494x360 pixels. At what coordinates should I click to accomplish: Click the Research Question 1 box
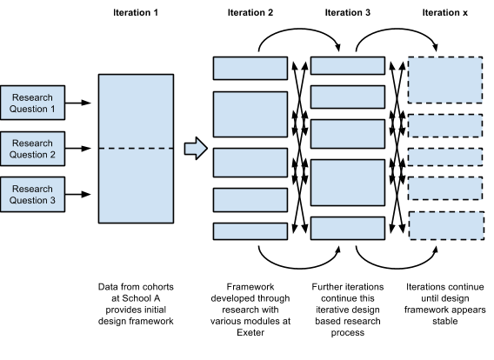tap(33, 103)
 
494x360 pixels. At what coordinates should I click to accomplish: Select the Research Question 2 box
tap(33, 149)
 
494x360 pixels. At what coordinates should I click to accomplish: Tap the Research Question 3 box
tap(33, 194)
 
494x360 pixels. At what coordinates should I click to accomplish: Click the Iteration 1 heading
tap(136, 12)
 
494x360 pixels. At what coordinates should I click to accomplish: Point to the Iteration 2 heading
tap(250, 12)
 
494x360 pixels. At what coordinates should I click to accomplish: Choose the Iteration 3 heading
tap(348, 12)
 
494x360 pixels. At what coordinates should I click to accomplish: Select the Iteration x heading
tap(444, 12)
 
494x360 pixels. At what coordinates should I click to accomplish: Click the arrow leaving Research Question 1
tap(78, 103)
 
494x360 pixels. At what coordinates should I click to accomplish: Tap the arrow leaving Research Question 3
tap(78, 194)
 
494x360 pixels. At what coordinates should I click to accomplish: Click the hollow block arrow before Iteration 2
tap(196, 149)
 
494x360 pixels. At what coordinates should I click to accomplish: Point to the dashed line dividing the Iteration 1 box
tap(136, 149)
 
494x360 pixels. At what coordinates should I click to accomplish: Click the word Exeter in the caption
tap(250, 332)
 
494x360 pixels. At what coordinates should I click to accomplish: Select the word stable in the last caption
tap(444, 321)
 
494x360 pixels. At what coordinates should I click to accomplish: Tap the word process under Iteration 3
tap(348, 333)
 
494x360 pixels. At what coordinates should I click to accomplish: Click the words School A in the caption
tap(141, 298)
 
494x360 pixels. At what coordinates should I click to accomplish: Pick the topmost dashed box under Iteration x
tap(445, 80)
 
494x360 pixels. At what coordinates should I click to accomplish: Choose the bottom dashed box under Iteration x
tap(447, 226)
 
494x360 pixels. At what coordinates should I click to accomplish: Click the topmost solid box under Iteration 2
tap(250, 68)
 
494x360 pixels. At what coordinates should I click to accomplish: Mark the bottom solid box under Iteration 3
tap(348, 229)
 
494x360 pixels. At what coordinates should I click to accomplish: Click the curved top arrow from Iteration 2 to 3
tap(298, 29)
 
